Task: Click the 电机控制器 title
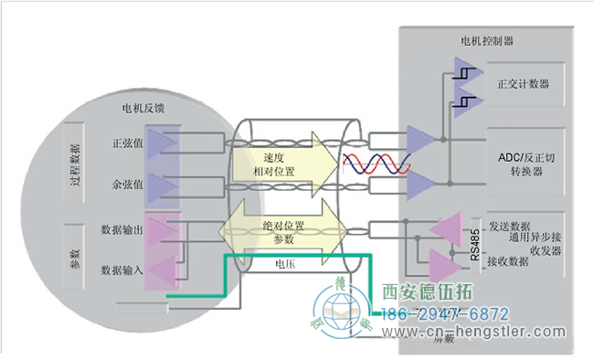coord(487,41)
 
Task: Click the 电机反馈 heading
coord(143,108)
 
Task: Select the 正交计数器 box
coord(524,84)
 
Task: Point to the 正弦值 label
coord(127,143)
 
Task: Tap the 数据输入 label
coord(121,270)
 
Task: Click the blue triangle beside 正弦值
coord(168,143)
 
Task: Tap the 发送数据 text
coord(510,226)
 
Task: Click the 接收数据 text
coord(507,261)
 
